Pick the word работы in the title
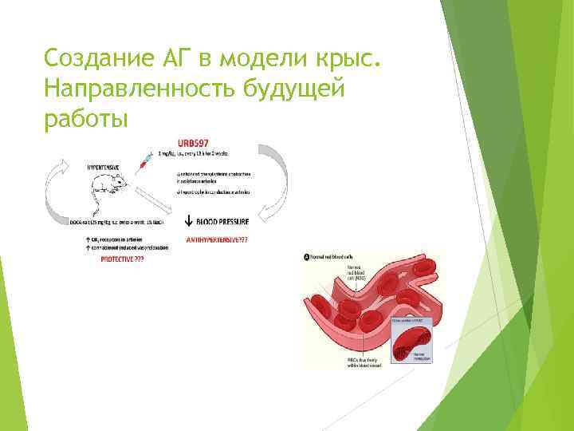pos(86,120)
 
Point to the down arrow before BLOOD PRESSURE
pos(189,223)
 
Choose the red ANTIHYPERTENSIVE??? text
pos(217,239)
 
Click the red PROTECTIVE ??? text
pos(116,260)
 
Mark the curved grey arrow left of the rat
pos(57,192)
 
